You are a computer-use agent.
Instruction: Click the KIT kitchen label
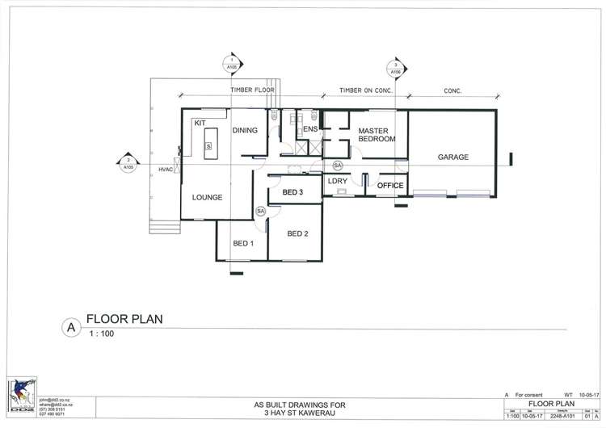coord(199,124)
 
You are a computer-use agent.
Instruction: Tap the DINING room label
coord(245,131)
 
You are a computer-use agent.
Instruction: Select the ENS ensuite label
coord(309,129)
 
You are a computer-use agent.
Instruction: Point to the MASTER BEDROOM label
coord(377,135)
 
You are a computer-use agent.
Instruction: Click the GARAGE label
coord(453,157)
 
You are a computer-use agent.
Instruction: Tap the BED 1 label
coord(243,244)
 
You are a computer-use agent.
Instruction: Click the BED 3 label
coord(287,193)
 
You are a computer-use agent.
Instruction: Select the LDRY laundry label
coord(337,181)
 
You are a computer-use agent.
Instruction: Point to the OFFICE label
coord(390,187)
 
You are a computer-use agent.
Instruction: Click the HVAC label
coord(166,169)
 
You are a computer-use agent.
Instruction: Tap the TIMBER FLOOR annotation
coord(253,90)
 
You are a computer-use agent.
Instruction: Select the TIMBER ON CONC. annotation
coord(365,90)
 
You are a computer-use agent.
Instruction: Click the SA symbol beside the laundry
coord(338,165)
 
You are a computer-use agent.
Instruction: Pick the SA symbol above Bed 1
coord(260,211)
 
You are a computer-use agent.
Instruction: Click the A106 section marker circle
coord(396,68)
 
